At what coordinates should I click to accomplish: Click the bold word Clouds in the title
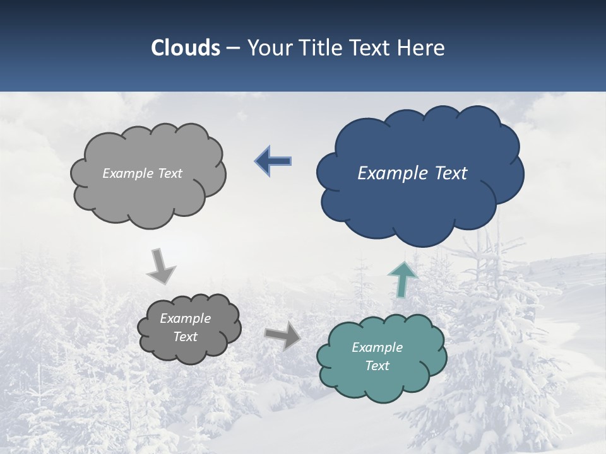coord(186,48)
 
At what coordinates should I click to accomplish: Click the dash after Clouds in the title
coord(233,49)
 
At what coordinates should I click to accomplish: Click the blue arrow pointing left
coord(273,161)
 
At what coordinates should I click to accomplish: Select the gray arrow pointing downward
coord(160,267)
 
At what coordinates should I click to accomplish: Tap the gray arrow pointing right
coord(283,335)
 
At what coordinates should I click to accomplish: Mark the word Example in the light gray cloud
coord(128,173)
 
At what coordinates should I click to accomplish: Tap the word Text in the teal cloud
coord(377,366)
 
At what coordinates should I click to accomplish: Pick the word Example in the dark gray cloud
coord(185,318)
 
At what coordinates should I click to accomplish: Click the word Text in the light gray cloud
coord(169,173)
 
